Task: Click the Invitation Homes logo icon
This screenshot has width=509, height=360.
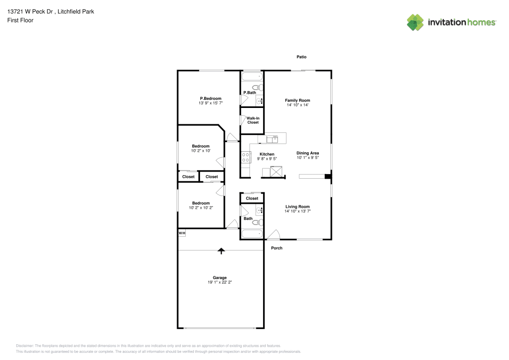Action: (415, 22)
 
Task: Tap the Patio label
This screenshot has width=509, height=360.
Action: (302, 57)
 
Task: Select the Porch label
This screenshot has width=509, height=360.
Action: (276, 248)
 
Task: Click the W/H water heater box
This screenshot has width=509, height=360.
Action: (182, 233)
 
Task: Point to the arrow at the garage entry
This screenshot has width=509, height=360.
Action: (221, 250)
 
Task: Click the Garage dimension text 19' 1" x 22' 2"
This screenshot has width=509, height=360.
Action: (220, 282)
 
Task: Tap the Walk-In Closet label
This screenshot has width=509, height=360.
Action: (253, 121)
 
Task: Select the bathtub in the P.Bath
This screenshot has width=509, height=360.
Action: (252, 77)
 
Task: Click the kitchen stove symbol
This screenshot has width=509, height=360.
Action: (246, 157)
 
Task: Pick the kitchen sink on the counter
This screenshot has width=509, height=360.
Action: (272, 138)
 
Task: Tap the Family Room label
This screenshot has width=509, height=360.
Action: (297, 100)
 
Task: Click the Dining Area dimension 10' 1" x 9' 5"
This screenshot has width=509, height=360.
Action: (308, 158)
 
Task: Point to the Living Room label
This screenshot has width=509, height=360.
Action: (298, 207)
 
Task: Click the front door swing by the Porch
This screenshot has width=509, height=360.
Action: (273, 235)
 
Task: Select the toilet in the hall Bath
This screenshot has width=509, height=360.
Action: (256, 222)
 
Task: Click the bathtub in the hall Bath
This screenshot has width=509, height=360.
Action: (252, 234)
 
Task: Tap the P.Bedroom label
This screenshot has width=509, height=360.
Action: (210, 98)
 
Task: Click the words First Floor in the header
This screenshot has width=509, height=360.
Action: (20, 20)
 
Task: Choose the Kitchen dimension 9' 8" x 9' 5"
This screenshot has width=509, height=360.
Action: (267, 159)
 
